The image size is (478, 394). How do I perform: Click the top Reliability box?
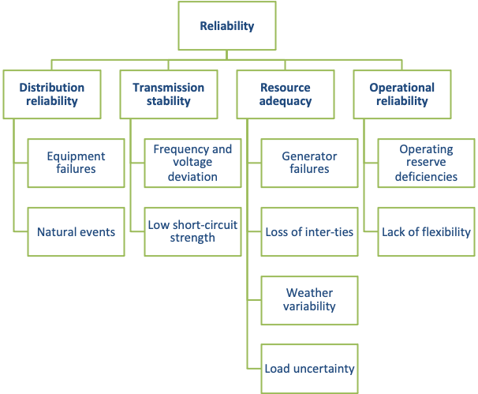[x=227, y=26]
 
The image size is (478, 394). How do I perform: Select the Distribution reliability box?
[x=51, y=94]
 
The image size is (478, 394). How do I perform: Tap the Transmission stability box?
[x=168, y=94]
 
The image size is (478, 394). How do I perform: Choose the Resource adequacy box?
[x=285, y=94]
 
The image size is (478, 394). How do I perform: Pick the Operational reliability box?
[x=401, y=94]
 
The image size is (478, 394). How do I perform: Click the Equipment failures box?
[x=76, y=163]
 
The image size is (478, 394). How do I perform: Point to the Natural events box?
[x=76, y=232]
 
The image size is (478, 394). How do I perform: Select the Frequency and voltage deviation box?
[x=192, y=163]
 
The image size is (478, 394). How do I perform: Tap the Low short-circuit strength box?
[x=192, y=231]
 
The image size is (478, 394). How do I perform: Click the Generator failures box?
[x=309, y=163]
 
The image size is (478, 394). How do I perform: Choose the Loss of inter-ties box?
[x=309, y=232]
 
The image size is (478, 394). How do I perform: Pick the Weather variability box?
[x=309, y=300]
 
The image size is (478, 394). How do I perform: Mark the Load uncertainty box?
[x=309, y=369]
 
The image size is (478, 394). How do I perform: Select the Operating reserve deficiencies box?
[x=426, y=163]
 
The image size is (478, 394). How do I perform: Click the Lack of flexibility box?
[x=426, y=232]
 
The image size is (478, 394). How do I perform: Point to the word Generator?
[x=309, y=156]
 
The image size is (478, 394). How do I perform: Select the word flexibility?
[x=443, y=232]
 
